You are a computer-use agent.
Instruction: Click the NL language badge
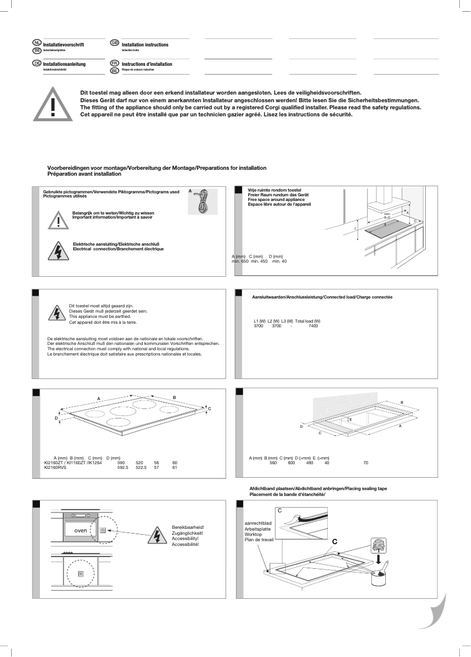coord(37,43)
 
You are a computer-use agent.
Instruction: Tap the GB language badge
coord(115,43)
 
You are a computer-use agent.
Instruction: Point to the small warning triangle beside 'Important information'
coord(58,219)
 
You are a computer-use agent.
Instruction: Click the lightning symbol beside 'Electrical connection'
coord(58,250)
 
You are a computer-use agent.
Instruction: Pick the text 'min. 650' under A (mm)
coord(240,261)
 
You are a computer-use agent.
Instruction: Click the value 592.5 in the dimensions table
coord(123,468)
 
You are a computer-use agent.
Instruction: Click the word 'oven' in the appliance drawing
coord(80,530)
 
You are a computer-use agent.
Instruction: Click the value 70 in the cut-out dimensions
coord(365,463)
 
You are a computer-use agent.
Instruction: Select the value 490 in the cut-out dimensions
coord(309,463)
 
